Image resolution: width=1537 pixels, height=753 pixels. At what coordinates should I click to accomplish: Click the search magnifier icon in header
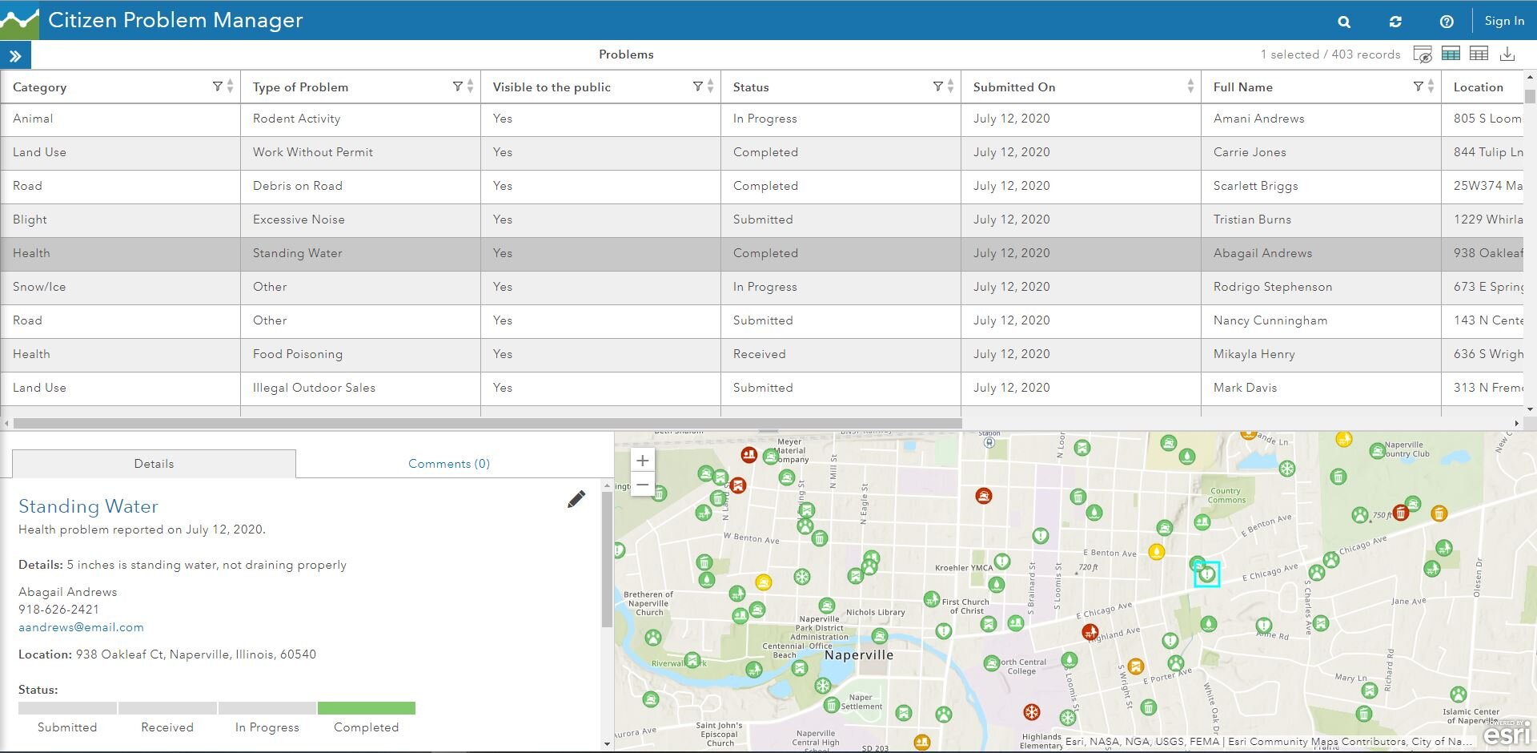click(x=1344, y=22)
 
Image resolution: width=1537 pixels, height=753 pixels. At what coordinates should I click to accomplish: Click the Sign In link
click(x=1503, y=21)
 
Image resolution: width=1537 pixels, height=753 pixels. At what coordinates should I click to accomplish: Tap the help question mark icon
click(x=1447, y=22)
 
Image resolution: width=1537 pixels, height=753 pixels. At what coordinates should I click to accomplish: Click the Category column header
click(x=40, y=87)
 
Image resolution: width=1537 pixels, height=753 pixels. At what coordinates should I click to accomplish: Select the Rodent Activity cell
click(x=296, y=119)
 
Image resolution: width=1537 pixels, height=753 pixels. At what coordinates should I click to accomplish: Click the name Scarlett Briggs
click(x=1255, y=186)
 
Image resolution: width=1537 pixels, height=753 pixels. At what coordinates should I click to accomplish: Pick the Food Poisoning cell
click(x=297, y=354)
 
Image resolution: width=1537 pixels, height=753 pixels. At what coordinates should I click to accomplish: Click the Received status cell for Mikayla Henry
click(x=759, y=354)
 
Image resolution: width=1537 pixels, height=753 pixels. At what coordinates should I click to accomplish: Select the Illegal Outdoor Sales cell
click(x=314, y=388)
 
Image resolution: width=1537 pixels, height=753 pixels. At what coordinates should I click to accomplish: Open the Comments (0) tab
click(x=448, y=464)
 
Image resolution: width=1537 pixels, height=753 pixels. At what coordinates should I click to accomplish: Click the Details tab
click(x=154, y=464)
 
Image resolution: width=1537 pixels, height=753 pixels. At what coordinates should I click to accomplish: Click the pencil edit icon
click(x=576, y=500)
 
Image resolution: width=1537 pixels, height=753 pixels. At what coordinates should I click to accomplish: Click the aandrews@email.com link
click(x=81, y=627)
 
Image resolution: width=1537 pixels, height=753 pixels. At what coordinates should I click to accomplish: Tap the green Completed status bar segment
click(x=366, y=708)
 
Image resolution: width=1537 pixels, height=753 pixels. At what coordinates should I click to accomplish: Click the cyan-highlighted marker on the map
click(x=1206, y=574)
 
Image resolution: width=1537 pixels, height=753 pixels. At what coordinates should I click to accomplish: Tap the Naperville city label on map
click(x=858, y=654)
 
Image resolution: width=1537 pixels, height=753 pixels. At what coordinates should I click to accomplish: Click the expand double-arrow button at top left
click(x=15, y=56)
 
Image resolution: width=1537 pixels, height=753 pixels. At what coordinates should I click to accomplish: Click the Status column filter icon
click(x=937, y=87)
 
